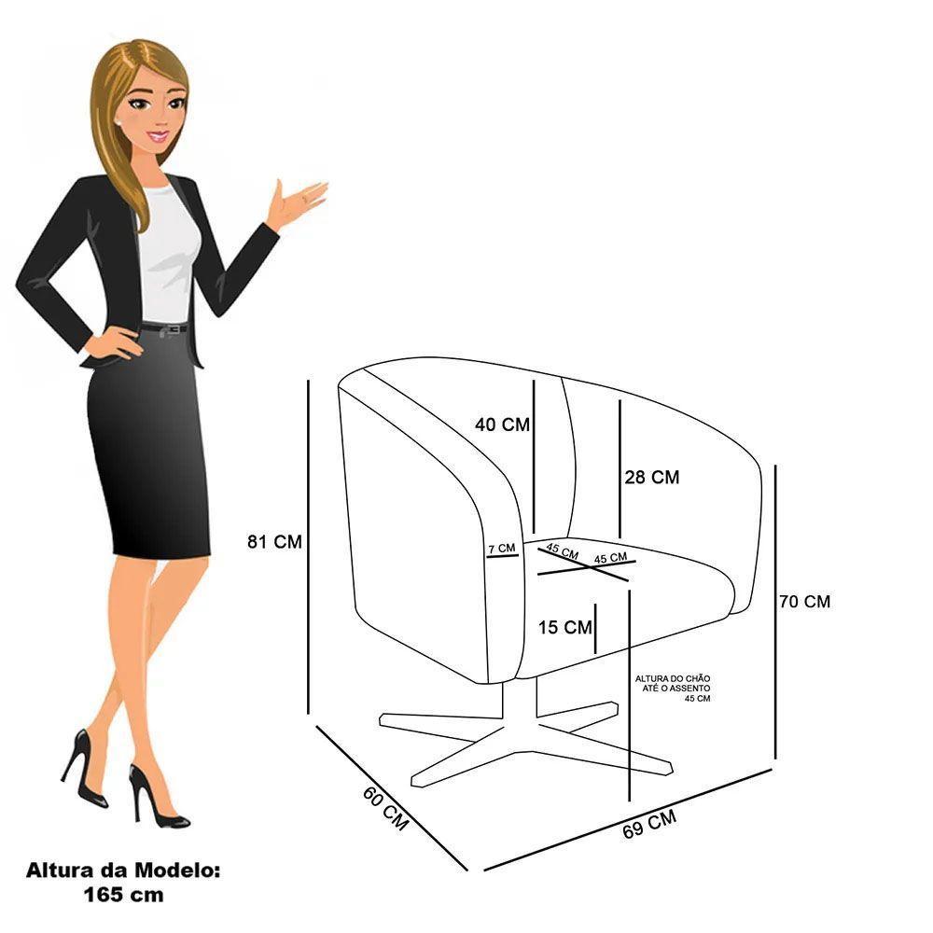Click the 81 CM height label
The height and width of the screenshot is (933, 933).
(x=275, y=541)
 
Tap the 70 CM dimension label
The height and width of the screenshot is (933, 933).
(x=804, y=602)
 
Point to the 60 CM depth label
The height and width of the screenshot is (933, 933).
(x=385, y=808)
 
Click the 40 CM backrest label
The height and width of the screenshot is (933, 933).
(x=502, y=425)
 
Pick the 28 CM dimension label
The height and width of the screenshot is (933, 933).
(x=652, y=477)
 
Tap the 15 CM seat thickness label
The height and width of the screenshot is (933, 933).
(x=565, y=627)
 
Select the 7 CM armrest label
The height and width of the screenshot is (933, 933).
(x=502, y=549)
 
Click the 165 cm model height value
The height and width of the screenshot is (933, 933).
(x=122, y=895)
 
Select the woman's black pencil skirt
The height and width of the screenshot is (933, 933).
(x=149, y=448)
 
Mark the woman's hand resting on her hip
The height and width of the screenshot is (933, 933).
(x=111, y=344)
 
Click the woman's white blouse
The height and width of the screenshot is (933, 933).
(x=168, y=252)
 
